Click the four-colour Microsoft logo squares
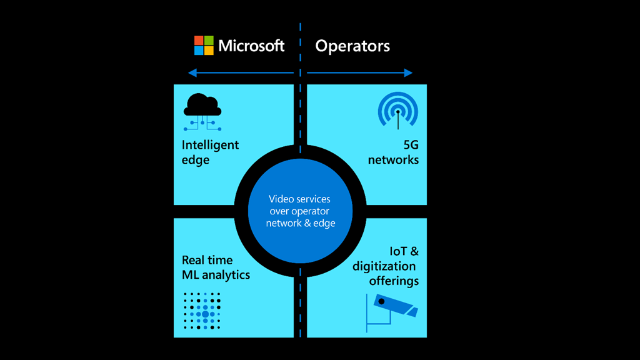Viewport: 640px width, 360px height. (204, 46)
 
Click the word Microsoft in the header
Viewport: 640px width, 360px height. (251, 46)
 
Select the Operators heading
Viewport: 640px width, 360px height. (352, 46)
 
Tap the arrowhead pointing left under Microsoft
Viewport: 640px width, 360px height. (191, 73)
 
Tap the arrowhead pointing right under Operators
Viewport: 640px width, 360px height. (409, 73)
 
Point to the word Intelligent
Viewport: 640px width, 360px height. (210, 145)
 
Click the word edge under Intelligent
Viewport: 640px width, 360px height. (195, 160)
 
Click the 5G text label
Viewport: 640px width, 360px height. (411, 145)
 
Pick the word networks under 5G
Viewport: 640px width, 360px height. (393, 160)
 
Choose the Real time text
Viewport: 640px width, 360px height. (207, 260)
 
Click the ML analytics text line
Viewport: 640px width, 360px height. (216, 275)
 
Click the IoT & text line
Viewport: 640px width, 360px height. (404, 251)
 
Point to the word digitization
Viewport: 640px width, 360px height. (384, 266)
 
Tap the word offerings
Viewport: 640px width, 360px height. (394, 281)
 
